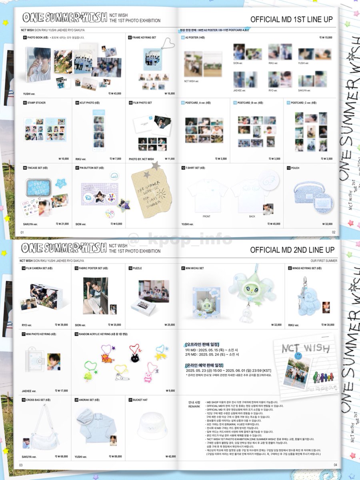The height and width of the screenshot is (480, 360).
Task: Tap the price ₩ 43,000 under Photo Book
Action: pyautogui.click(x=115, y=93)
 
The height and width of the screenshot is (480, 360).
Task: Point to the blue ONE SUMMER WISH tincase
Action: pyautogui.click(x=39, y=186)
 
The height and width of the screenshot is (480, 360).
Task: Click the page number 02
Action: pyautogui.click(x=334, y=232)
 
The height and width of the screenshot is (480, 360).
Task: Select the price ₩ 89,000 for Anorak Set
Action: pyautogui.click(x=114, y=456)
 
